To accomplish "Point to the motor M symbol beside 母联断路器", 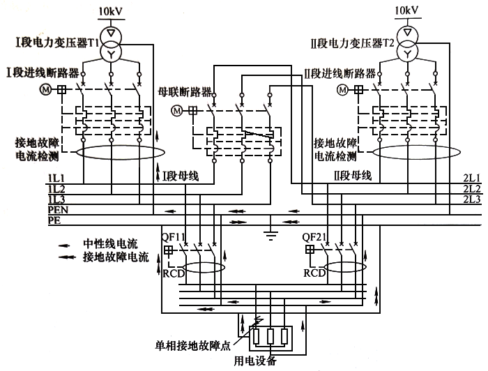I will (x=177, y=110).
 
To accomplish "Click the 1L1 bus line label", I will (x=56, y=179).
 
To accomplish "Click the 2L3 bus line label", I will (x=472, y=199).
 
